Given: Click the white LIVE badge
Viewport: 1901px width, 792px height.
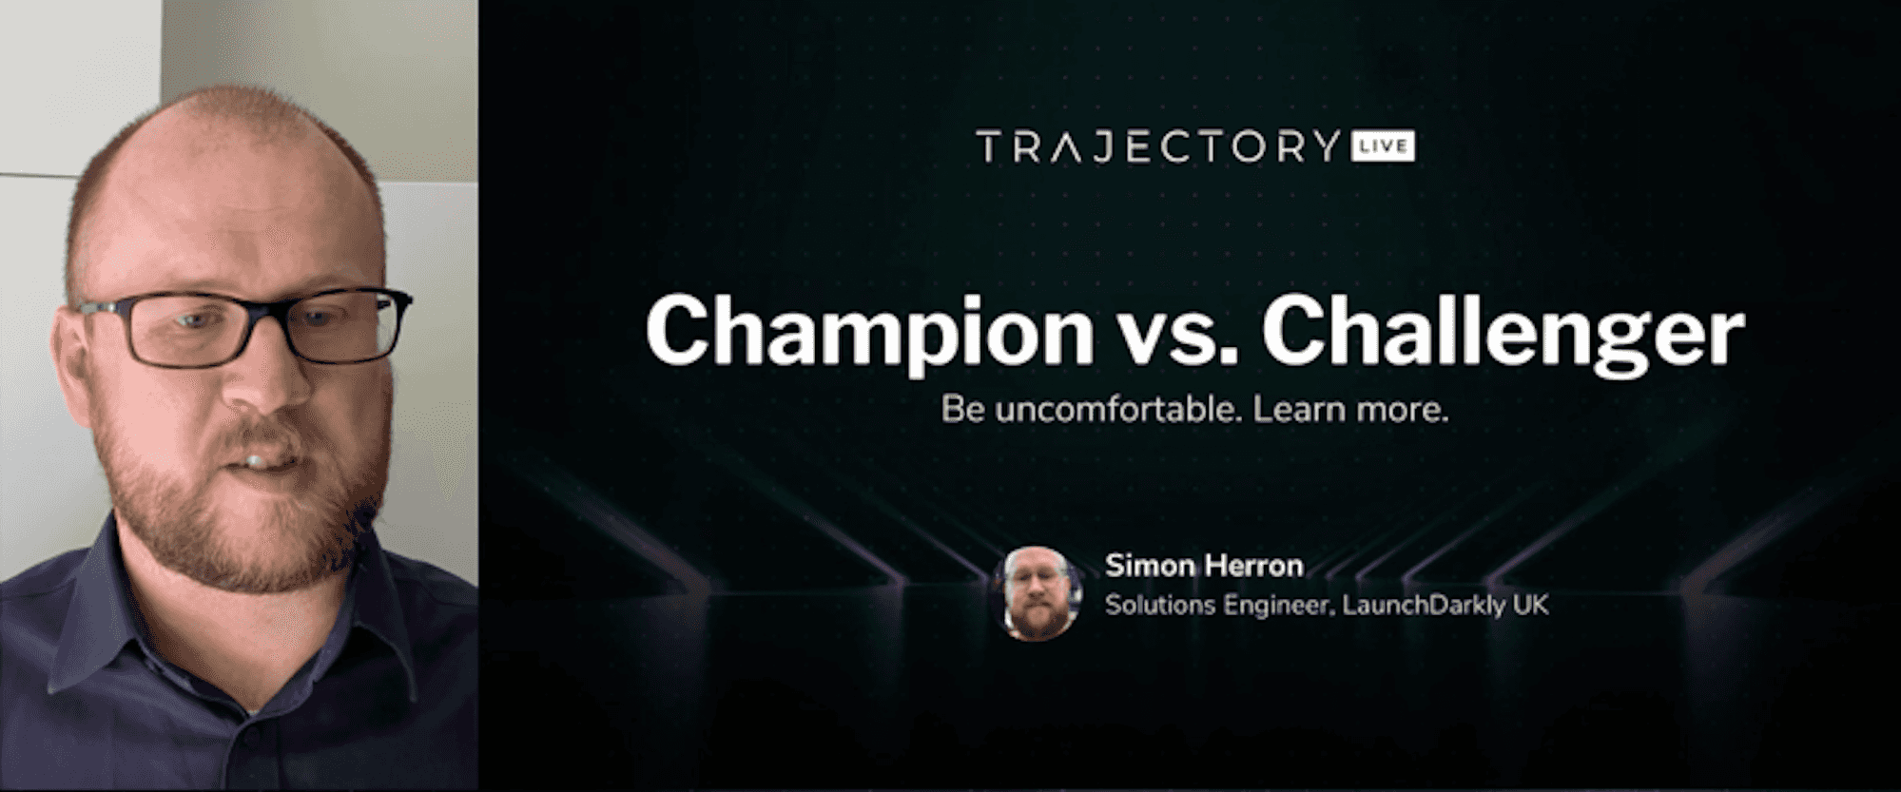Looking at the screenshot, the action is tap(1383, 146).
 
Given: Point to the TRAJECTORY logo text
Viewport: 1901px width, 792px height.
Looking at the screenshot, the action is tap(1158, 147).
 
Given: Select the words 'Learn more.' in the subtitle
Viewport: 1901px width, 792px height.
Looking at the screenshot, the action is tap(1350, 410).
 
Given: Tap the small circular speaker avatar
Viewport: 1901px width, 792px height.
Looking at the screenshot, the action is tap(1036, 593).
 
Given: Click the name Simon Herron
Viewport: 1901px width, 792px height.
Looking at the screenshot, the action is tap(1204, 566).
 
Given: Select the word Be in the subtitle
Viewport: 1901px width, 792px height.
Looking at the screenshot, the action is tap(963, 410).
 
